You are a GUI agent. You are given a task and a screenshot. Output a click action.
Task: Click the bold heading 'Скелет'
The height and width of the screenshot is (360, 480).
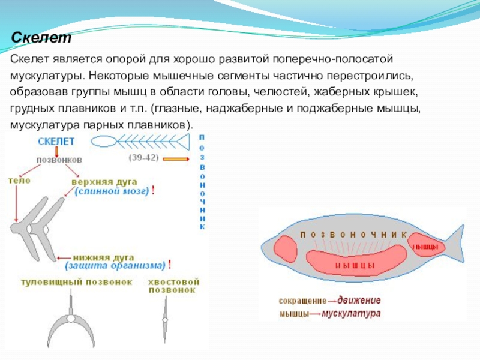pyautogui.click(x=41, y=38)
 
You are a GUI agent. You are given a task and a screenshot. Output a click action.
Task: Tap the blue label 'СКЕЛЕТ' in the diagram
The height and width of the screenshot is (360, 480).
pyautogui.click(x=56, y=142)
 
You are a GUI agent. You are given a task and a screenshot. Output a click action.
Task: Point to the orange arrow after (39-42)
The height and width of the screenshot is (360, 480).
pyautogui.click(x=175, y=158)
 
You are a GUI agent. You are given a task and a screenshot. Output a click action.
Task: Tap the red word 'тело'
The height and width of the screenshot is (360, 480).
pyautogui.click(x=19, y=179)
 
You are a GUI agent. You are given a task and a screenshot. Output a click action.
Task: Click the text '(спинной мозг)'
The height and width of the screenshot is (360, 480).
pyautogui.click(x=112, y=191)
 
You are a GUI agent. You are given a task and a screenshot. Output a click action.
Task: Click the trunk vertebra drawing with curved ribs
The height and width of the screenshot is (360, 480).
pyautogui.click(x=71, y=324)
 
